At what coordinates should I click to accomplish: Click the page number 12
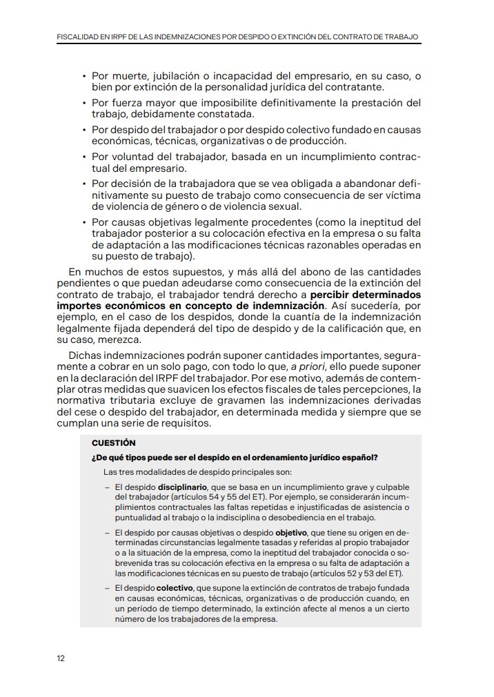point(61,658)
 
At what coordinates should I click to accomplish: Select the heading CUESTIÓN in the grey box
point(113,443)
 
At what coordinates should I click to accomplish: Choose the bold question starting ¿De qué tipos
point(235,458)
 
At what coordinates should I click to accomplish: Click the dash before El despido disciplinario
point(108,487)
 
